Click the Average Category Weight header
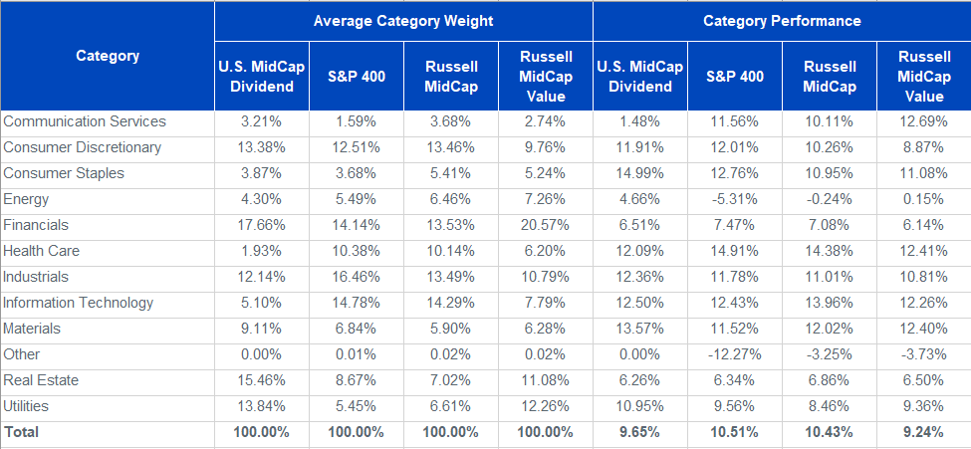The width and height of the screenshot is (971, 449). coord(402,20)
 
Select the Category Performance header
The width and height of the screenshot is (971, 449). coord(782,20)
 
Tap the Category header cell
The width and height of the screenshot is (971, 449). coord(108,56)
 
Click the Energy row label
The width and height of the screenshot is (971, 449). coord(26,199)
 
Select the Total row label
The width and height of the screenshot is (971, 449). coord(24,432)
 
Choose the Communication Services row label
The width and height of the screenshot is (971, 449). coord(85,121)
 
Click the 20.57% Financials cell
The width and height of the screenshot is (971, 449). coord(545,225)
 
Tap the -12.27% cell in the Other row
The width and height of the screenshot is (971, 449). coord(734,354)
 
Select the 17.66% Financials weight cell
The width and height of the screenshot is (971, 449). coord(261,225)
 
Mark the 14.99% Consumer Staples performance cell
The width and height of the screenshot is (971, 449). coord(639,173)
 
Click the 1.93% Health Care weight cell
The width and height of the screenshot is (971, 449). coord(261,251)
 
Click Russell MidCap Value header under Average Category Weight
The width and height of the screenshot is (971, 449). coord(545,76)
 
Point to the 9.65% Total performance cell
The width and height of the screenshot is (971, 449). coord(639,432)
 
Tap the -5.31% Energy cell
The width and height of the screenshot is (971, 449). coord(734,199)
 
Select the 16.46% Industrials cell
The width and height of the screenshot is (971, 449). coord(356,277)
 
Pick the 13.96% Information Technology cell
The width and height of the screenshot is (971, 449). coord(829,303)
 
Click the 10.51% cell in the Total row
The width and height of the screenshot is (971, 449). coord(734,432)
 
